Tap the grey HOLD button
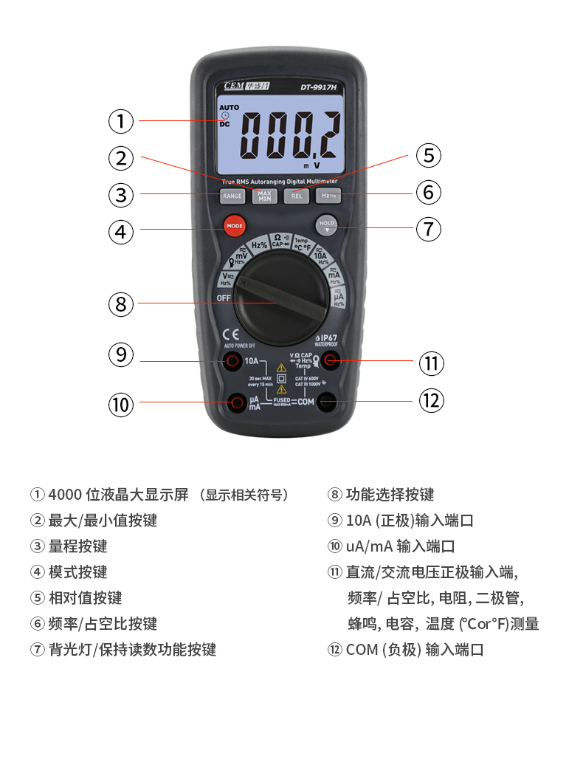point(327,224)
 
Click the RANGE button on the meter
point(232,196)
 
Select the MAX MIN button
point(264,196)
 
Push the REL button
point(297,196)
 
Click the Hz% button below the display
point(328,196)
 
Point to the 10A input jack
point(233,361)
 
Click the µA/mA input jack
point(238,402)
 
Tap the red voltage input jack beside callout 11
point(330,361)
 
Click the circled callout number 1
point(122,120)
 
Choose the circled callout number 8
point(122,303)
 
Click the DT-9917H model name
point(318,87)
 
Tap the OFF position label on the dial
point(224,298)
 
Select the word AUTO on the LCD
point(229,107)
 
